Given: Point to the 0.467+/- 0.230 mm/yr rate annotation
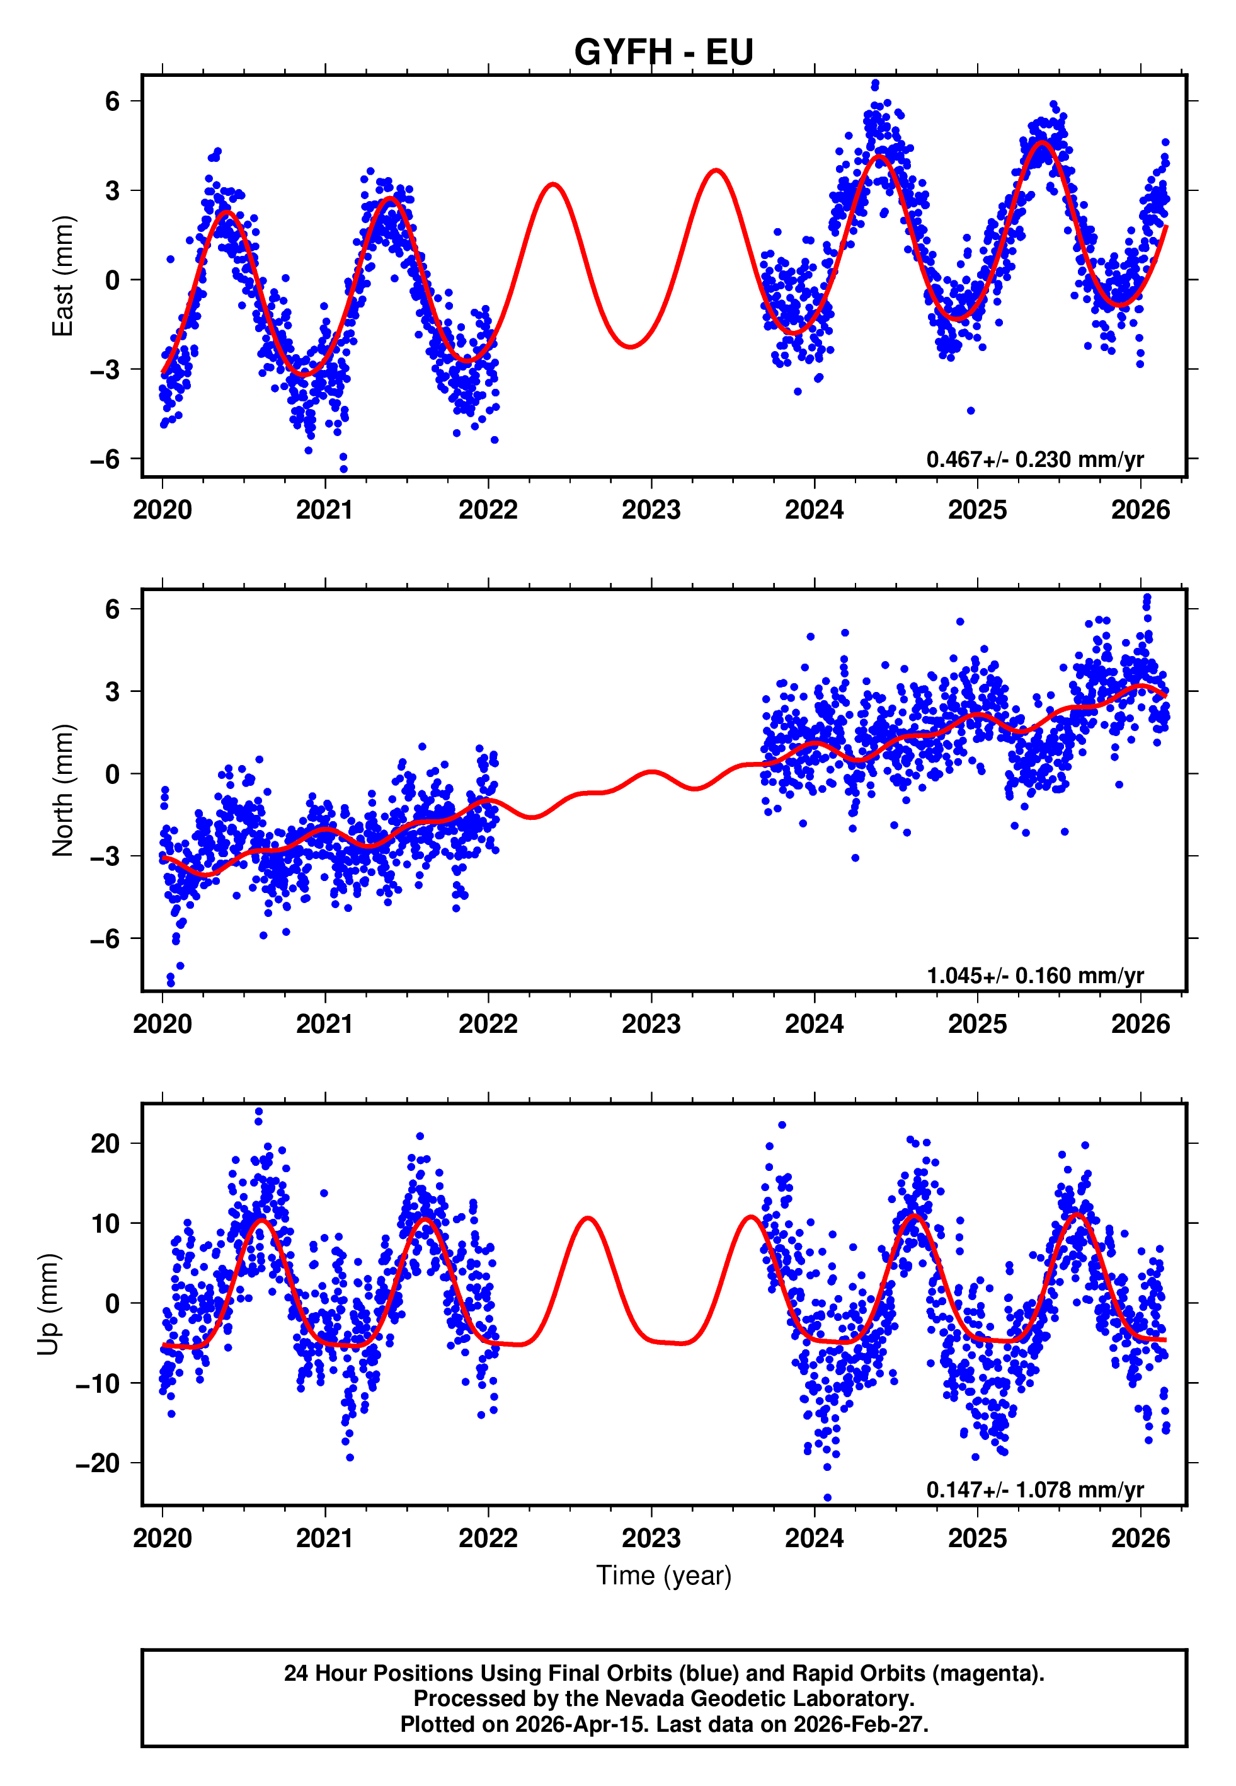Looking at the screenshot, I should click(1034, 459).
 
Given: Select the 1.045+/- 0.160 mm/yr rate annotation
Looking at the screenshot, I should click(1034, 975).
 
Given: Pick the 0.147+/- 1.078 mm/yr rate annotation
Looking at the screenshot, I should click(1034, 1489).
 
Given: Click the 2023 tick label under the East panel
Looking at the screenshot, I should click(651, 510).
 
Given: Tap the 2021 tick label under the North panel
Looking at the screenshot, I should click(324, 1024).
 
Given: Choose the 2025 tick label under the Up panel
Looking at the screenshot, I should click(977, 1538).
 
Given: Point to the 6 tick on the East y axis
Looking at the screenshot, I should click(113, 101).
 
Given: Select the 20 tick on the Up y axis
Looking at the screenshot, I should click(105, 1143).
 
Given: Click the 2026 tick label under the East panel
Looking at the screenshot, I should click(1140, 510).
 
